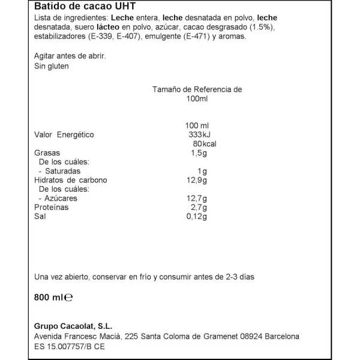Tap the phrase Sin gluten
52,66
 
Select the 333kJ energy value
197,135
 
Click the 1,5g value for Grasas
198,153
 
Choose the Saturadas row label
61,171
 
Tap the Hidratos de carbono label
71,180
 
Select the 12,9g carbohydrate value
197,180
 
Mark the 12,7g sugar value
197,198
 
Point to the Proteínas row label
52,207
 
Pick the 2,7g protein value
198,207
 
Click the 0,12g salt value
196,216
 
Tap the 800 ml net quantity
49,296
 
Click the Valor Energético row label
64,135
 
